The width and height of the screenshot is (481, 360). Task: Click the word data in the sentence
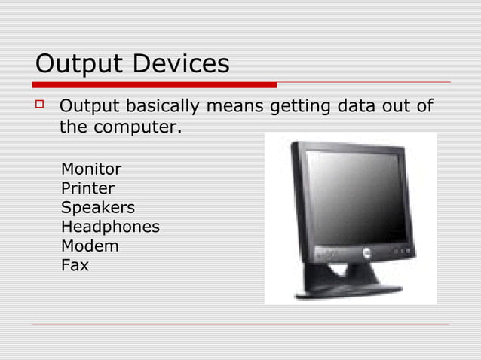coord(357,106)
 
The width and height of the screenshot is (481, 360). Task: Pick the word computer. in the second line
coord(137,128)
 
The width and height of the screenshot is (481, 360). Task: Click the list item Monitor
coord(90,168)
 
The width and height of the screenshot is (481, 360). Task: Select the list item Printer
coord(87,188)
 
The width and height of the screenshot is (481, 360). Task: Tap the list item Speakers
coord(97,207)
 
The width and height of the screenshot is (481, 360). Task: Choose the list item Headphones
coord(110,226)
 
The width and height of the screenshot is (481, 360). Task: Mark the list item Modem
coord(90,246)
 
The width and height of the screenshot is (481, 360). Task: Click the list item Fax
coord(75,265)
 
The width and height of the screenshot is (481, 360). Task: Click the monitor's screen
coord(354,196)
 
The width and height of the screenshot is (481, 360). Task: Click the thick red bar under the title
coord(155,85)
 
